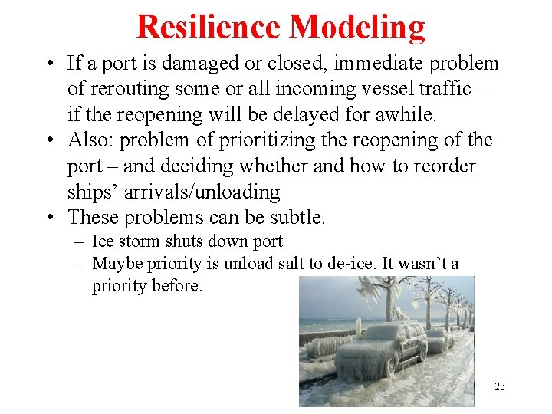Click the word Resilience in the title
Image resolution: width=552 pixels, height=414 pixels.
point(209,27)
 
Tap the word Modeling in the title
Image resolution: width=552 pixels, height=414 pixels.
point(358,27)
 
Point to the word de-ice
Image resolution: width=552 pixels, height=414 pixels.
point(339,264)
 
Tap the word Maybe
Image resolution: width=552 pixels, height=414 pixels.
point(115,264)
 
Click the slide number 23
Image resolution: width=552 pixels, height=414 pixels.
point(500,386)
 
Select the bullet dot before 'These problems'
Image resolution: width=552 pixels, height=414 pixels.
point(51,217)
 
